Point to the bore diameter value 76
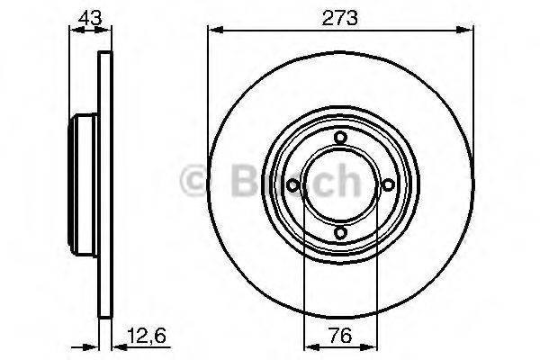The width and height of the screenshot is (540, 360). tap(340, 339)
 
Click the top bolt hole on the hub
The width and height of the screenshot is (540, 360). tap(340, 137)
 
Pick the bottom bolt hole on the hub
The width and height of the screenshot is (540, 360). tap(340, 233)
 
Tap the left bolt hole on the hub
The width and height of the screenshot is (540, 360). tap(292, 185)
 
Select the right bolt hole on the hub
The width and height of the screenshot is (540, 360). tap(389, 185)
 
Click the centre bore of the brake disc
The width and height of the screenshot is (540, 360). tap(340, 185)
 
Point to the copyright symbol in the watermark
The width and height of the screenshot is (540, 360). tap(196, 181)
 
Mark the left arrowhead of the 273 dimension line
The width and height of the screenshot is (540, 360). tap(214, 31)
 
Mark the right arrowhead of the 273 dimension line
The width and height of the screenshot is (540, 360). tap(468, 31)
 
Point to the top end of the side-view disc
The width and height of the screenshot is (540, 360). tap(103, 57)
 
